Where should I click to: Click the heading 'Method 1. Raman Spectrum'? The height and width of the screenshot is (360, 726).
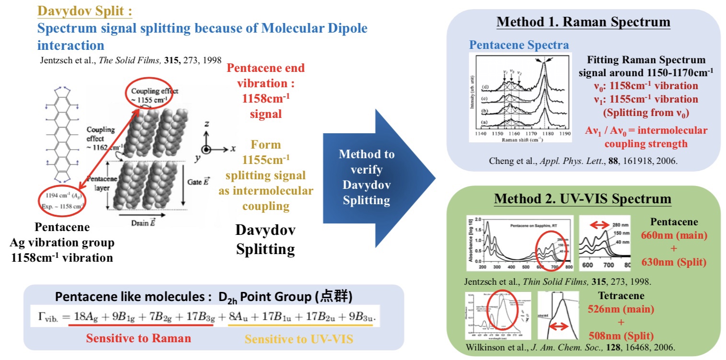[583, 22]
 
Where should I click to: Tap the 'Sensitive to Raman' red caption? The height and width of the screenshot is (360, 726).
[138, 338]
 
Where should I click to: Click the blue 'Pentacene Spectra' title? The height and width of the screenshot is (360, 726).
[519, 45]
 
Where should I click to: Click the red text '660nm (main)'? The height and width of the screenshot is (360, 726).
[674, 235]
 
